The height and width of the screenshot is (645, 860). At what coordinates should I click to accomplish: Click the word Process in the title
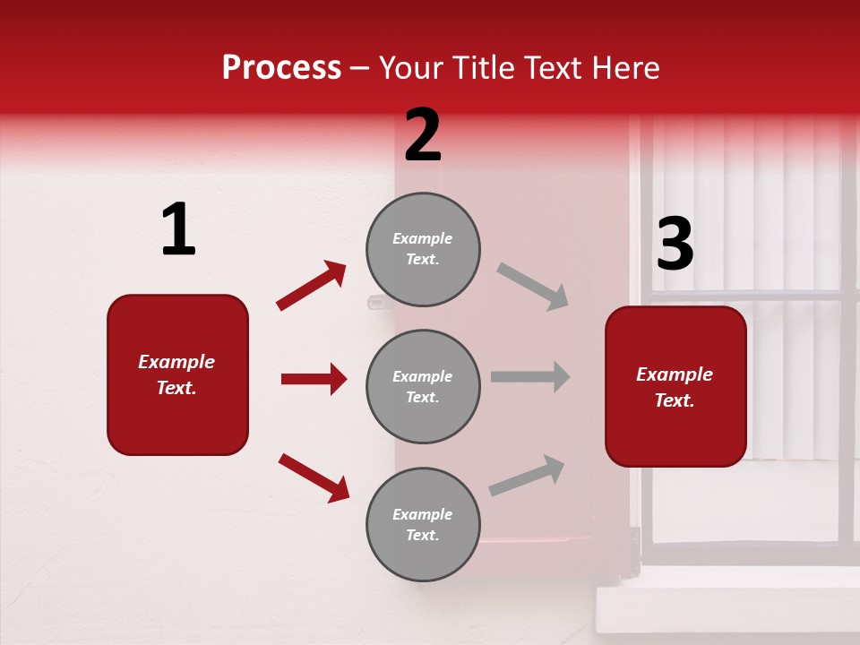click(x=281, y=68)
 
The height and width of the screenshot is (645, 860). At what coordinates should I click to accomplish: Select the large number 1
click(x=178, y=230)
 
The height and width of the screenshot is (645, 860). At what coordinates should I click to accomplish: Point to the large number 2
click(x=423, y=135)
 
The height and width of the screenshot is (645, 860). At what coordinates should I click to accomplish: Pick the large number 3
click(x=675, y=245)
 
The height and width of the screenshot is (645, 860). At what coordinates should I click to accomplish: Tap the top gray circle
click(x=423, y=249)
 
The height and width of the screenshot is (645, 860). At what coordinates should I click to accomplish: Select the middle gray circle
click(x=423, y=386)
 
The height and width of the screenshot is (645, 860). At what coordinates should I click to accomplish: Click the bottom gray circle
click(x=423, y=524)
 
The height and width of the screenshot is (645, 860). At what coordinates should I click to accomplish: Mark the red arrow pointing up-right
click(x=311, y=286)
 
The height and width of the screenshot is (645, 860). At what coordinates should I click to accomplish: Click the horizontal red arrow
click(x=314, y=379)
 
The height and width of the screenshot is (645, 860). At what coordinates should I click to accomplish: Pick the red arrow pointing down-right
click(x=314, y=477)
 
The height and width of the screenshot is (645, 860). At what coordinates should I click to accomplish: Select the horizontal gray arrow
click(x=529, y=376)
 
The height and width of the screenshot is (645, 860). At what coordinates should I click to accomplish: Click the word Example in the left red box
click(x=176, y=362)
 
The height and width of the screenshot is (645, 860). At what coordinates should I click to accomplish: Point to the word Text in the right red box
click(x=673, y=400)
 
